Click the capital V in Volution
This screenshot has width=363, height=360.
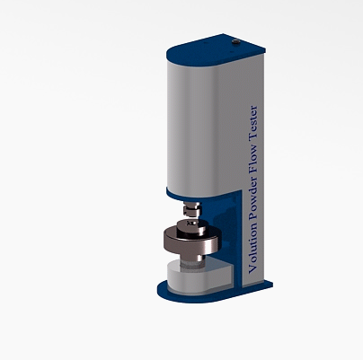253,269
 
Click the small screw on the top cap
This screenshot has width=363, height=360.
236,42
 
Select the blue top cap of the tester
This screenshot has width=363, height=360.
216,49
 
